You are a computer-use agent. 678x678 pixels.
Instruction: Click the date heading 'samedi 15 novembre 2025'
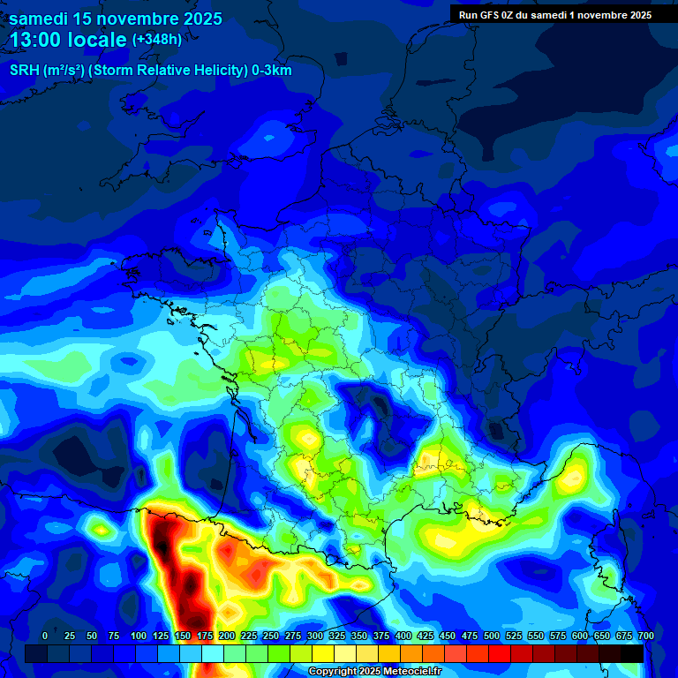pyautogui.click(x=116, y=19)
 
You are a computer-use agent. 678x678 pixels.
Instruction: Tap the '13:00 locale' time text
pyautogui.click(x=69, y=40)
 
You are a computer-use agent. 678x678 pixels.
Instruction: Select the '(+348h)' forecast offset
pyautogui.click(x=157, y=40)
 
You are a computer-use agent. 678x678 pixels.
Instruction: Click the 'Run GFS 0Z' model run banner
pyautogui.click(x=494, y=14)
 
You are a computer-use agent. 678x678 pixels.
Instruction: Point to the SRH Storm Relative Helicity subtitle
pyautogui.click(x=150, y=71)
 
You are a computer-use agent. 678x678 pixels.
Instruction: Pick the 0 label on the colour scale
pyautogui.click(x=45, y=636)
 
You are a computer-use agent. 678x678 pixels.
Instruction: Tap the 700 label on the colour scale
pyautogui.click(x=645, y=636)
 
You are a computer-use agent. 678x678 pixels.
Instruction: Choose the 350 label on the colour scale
pyautogui.click(x=359, y=636)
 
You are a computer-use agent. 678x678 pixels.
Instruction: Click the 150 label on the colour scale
pyautogui.click(x=183, y=636)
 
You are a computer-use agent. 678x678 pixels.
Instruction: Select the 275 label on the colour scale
pyautogui.click(x=293, y=636)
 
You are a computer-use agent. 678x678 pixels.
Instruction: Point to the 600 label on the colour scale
pyautogui.click(x=579, y=636)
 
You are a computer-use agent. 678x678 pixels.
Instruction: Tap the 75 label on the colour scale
pyautogui.click(x=114, y=636)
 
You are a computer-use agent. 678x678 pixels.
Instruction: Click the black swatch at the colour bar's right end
pyautogui.click(x=632, y=653)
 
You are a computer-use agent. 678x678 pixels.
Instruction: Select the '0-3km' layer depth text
pyautogui.click(x=272, y=71)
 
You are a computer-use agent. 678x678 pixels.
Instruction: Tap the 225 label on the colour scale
pyautogui.click(x=249, y=636)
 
